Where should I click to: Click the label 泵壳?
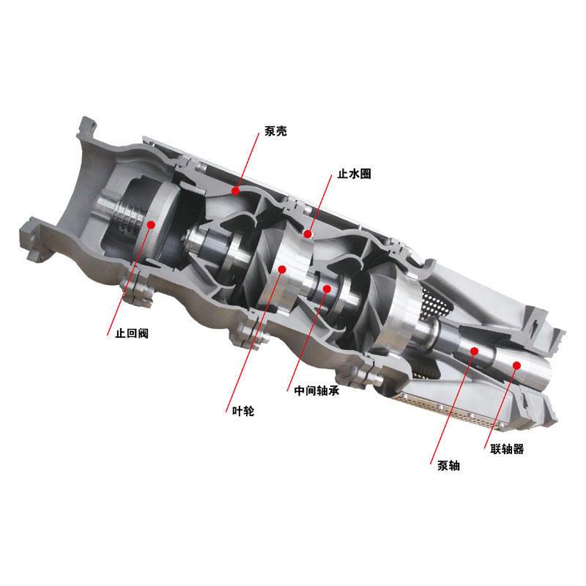(x=275, y=131)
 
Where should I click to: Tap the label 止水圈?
(x=354, y=174)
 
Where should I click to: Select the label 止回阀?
(x=132, y=333)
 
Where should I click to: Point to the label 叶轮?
(x=243, y=411)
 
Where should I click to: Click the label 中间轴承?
(x=316, y=390)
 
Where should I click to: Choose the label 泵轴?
(x=448, y=466)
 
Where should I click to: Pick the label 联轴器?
(x=507, y=449)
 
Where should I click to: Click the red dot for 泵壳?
(x=235, y=191)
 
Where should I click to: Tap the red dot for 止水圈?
(x=308, y=234)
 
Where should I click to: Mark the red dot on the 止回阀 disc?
(x=151, y=225)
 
